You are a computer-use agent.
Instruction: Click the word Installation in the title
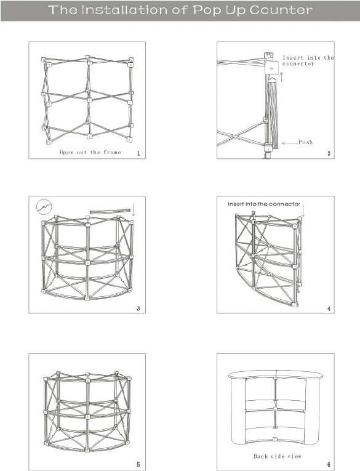[124, 10]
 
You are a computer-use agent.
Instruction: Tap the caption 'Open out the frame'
[90, 152]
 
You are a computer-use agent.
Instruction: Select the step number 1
[138, 153]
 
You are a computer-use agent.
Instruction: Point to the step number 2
[329, 153]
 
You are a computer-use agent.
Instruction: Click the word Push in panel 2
[306, 142]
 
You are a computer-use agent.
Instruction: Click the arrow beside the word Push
[289, 143]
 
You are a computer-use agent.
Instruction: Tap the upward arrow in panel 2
[282, 77]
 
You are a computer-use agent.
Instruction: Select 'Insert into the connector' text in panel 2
[308, 60]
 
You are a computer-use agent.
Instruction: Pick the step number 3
[138, 308]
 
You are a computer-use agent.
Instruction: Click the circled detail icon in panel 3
[44, 207]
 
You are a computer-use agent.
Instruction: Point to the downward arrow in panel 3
[134, 209]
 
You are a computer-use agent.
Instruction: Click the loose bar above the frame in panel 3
[110, 211]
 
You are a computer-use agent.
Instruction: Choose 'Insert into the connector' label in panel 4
[263, 204]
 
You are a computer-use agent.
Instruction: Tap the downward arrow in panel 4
[303, 211]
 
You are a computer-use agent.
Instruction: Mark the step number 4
[329, 308]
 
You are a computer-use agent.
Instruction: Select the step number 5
[138, 464]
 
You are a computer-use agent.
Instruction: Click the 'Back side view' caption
[277, 456]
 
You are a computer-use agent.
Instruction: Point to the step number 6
[329, 464]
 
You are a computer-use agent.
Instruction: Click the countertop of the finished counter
[276, 374]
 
